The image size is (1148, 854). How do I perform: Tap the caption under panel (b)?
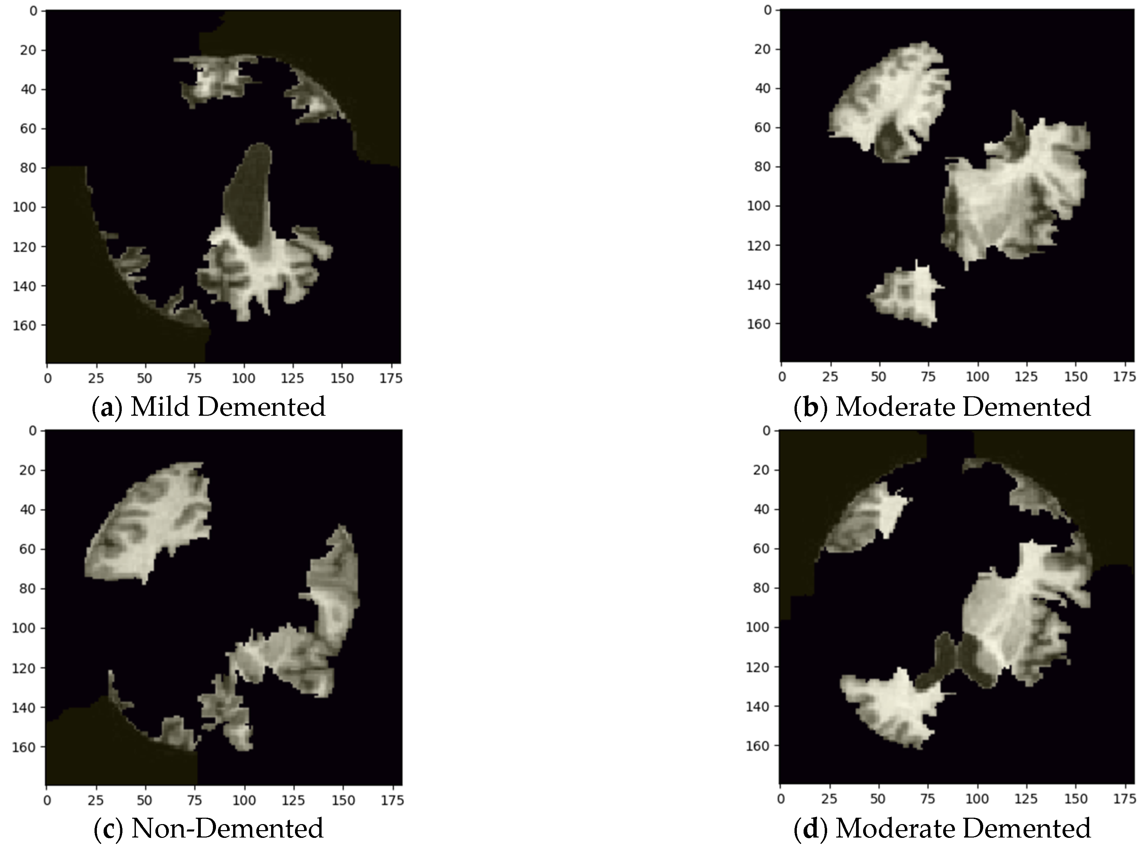[x=942, y=407]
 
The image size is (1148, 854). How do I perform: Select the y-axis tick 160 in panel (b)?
[x=758, y=324]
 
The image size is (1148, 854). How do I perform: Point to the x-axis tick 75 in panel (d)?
[x=928, y=799]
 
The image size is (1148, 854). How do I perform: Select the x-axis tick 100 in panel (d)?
[x=977, y=799]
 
